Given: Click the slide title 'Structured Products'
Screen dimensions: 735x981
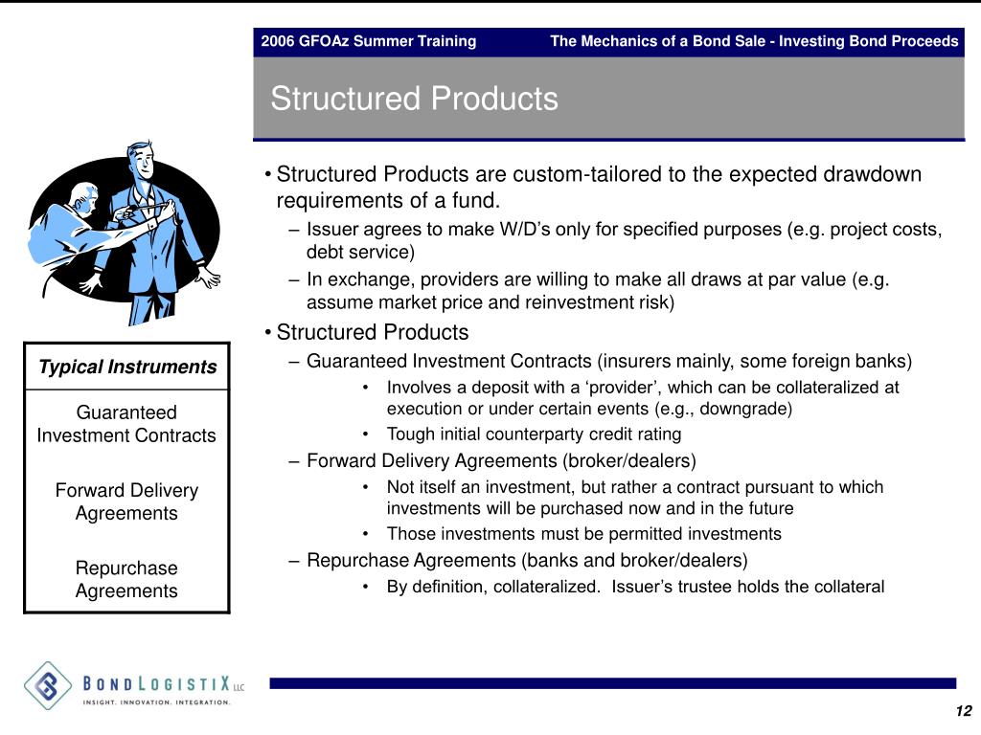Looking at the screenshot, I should [x=414, y=99].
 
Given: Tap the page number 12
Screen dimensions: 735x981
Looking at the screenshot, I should [x=963, y=710].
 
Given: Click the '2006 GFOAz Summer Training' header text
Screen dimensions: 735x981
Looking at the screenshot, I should [x=368, y=41].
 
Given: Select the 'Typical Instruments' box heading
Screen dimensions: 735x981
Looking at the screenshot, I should [x=127, y=367].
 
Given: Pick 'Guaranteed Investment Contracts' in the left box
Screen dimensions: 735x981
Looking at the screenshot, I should [x=126, y=424].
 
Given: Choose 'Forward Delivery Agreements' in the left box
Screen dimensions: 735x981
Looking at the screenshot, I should [x=126, y=501].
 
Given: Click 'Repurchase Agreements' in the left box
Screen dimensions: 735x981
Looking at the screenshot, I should [x=126, y=579].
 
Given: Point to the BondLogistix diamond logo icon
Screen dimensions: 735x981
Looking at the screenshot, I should [x=48, y=684].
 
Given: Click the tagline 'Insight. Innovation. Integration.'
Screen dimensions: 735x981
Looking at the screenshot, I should [x=156, y=702].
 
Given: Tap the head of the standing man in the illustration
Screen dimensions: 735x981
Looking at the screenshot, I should [x=141, y=159].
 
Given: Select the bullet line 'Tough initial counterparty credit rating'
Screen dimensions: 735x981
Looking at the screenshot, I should [x=534, y=434].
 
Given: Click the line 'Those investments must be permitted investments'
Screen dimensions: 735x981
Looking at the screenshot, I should [x=583, y=534].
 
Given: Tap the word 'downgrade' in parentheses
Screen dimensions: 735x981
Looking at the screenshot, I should [x=746, y=409].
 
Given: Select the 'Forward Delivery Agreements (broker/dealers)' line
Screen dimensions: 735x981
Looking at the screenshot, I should [x=501, y=460].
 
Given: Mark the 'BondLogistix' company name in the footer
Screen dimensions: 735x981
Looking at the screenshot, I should [x=157, y=683].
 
